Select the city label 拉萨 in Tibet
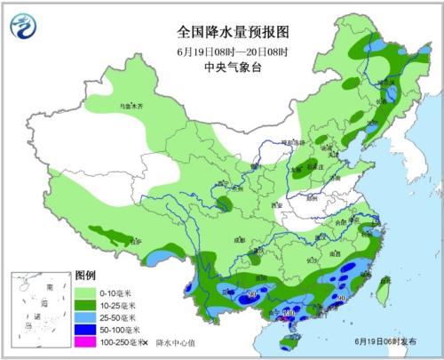(133, 241)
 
